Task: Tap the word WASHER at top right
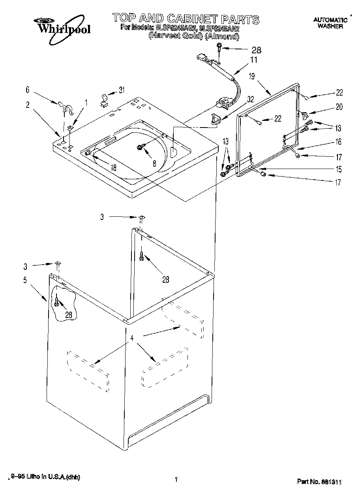(x=330, y=26)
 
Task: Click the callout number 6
(x=27, y=90)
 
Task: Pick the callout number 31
(x=121, y=90)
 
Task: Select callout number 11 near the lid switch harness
(x=253, y=60)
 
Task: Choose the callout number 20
(x=339, y=106)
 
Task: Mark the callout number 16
(x=339, y=141)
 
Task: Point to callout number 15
(x=339, y=169)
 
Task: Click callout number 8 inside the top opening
(x=154, y=162)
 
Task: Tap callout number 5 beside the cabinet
(x=25, y=280)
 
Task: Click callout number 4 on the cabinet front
(x=132, y=338)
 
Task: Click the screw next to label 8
(x=140, y=147)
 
